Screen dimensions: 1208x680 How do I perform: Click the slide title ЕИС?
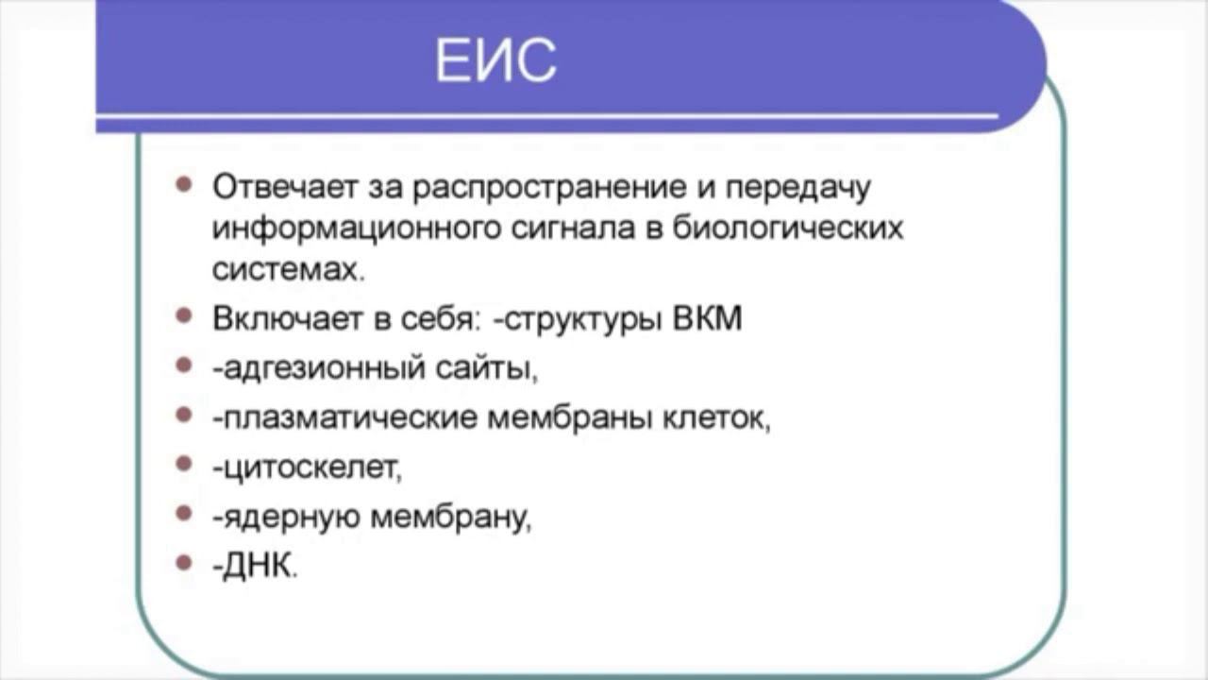click(495, 59)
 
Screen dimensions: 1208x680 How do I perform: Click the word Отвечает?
click(285, 187)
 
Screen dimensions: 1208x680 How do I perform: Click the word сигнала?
click(573, 229)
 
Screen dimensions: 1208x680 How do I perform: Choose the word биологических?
click(788, 229)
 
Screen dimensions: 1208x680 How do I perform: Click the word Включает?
click(287, 318)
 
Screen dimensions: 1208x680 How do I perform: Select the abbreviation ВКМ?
click(708, 317)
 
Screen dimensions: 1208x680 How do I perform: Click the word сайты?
click(483, 368)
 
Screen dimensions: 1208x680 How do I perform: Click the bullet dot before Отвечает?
click(184, 184)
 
